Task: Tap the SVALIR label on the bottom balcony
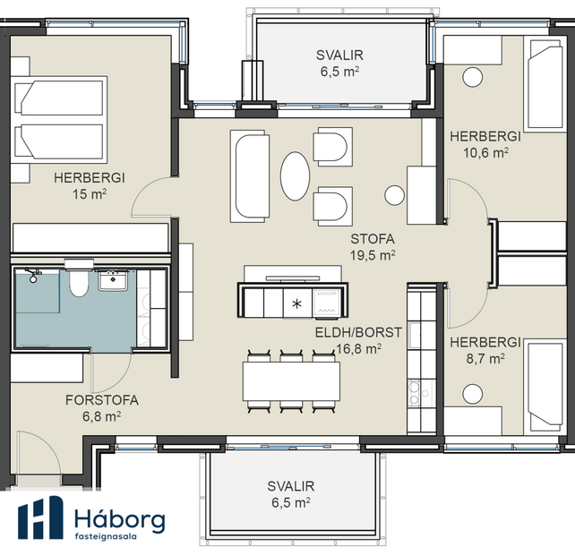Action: (290, 486)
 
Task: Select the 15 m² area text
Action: (88, 192)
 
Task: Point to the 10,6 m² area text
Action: (485, 152)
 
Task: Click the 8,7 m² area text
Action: (485, 358)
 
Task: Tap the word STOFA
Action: (373, 239)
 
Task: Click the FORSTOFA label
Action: (100, 400)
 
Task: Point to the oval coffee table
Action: (295, 176)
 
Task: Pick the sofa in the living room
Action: (250, 176)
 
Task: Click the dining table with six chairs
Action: (291, 381)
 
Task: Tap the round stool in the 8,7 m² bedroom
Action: (473, 391)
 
